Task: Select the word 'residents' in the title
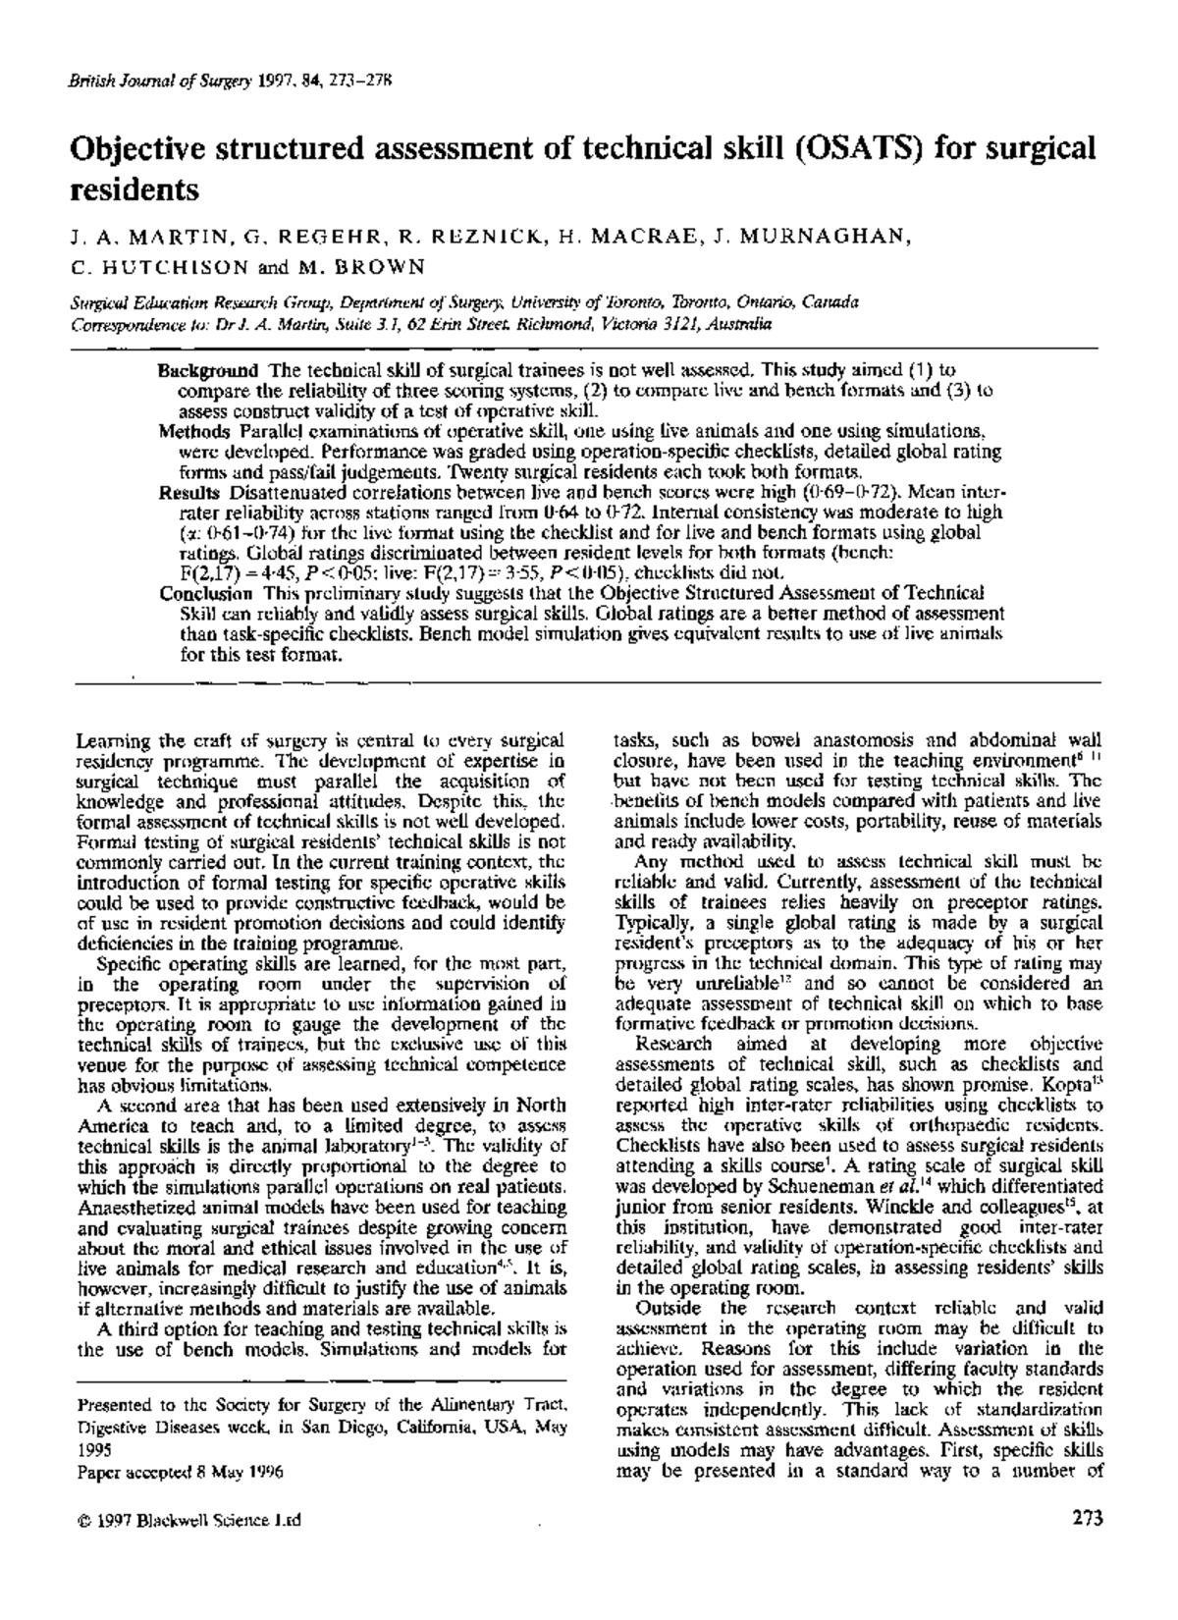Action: pos(134,189)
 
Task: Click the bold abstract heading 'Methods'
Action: pos(193,431)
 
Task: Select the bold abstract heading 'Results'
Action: pos(189,491)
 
